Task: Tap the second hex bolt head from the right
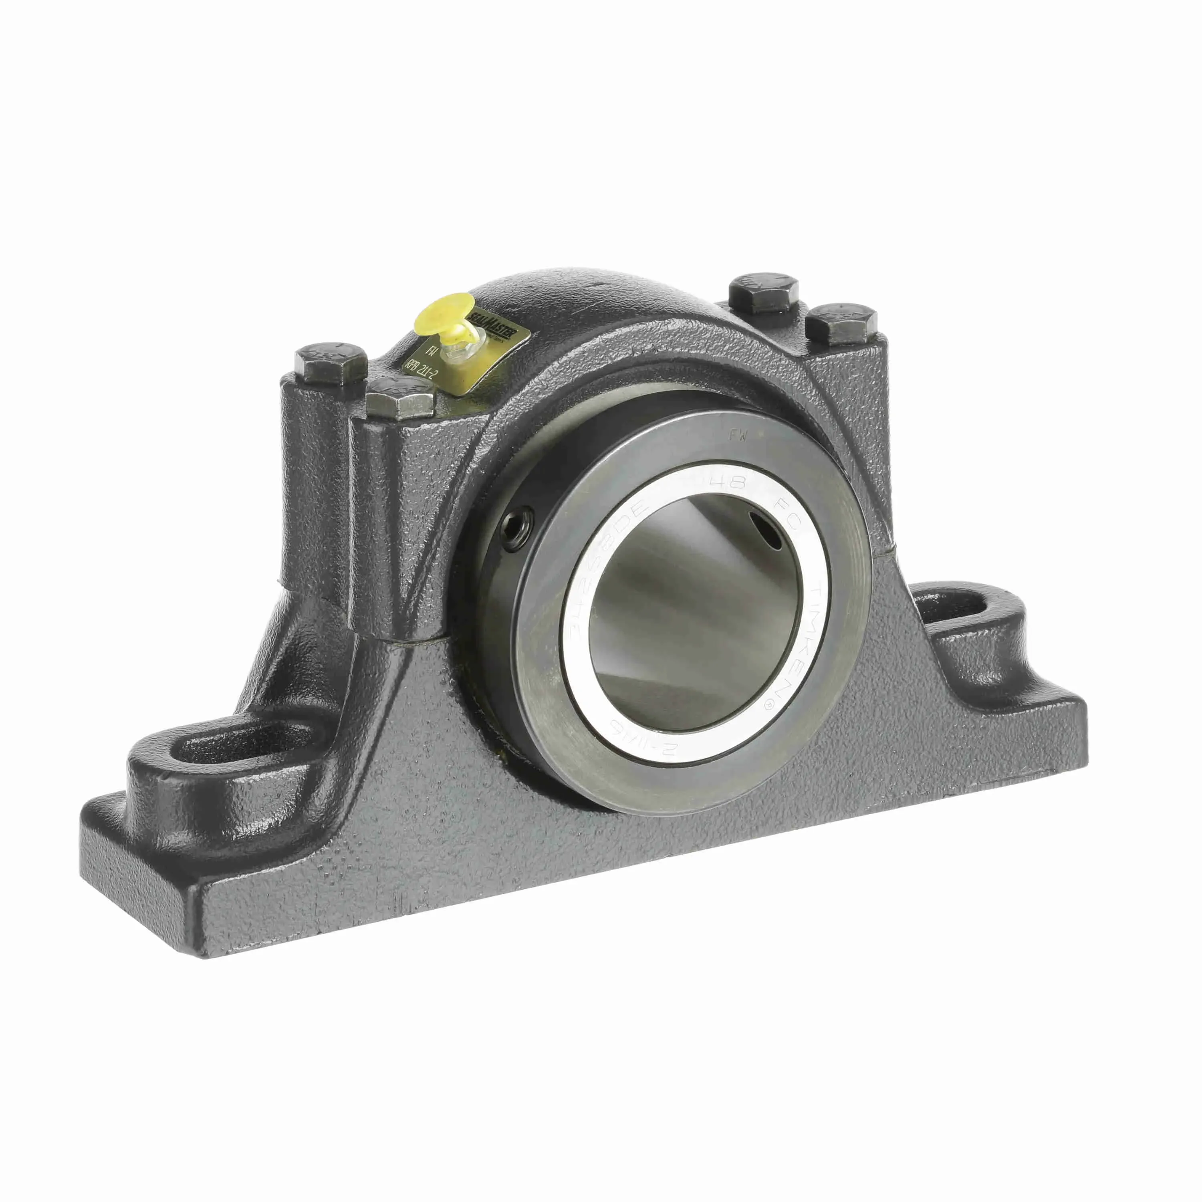(x=764, y=290)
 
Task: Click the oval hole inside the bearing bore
(x=766, y=529)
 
